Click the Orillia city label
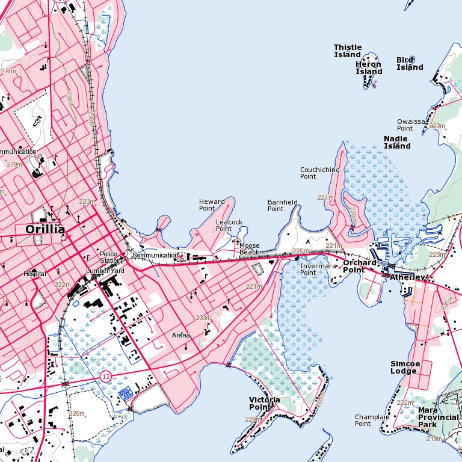coord(45,229)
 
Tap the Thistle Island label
coord(348,51)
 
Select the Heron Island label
coord(369,68)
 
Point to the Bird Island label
coord(410,64)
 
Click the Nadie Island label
coord(397,143)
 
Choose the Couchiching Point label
coord(319,173)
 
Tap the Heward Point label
coord(212,205)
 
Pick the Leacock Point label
coord(229,226)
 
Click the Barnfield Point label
coord(282,206)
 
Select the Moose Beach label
coord(249,249)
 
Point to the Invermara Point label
coord(316,269)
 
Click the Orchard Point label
coord(360,266)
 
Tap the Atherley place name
coord(407,277)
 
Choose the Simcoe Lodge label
coord(404,368)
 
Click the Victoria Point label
coord(264,403)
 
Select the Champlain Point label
coord(371,420)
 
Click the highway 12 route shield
coord(106,377)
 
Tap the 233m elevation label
coord(203,318)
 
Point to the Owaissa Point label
coord(411,125)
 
